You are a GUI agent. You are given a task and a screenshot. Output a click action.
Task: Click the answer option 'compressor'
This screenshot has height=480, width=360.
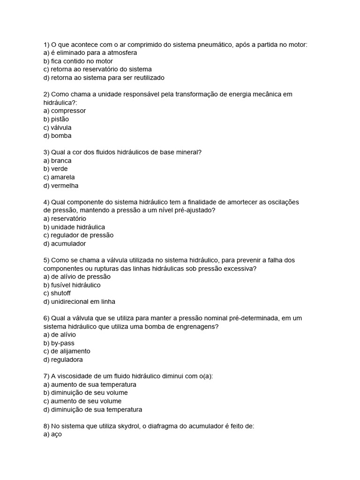coord(68,111)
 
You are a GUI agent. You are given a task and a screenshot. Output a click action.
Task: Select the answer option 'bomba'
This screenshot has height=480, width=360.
coord(61,136)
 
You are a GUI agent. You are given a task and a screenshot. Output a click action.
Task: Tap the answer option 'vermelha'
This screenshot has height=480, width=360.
coord(65,186)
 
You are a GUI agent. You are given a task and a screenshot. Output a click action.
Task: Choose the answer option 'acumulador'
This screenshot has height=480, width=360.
coord(68,244)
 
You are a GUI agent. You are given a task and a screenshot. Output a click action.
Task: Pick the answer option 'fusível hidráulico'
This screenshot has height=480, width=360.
coord(76,285)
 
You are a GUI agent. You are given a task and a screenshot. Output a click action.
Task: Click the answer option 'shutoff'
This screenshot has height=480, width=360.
coord(61,293)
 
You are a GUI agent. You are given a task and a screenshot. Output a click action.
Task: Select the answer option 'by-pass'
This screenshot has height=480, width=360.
coord(63,343)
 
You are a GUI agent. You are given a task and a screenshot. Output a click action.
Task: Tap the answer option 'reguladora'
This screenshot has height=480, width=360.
coord(67,360)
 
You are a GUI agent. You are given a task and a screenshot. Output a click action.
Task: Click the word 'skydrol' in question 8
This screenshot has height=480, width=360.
coord(124,426)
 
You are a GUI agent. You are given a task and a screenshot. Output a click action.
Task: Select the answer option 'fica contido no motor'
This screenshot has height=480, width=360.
coord(82,61)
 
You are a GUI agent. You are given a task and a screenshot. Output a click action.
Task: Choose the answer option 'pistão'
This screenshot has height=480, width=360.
coord(60,119)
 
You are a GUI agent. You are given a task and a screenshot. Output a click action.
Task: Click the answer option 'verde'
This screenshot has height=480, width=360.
coord(60,169)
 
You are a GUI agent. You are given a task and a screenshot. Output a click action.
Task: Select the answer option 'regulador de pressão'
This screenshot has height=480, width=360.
coord(82,235)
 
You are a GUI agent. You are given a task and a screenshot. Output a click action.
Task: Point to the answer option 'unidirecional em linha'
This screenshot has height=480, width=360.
coord(83,302)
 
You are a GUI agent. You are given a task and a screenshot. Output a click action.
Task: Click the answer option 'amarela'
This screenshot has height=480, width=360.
coord(63,177)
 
